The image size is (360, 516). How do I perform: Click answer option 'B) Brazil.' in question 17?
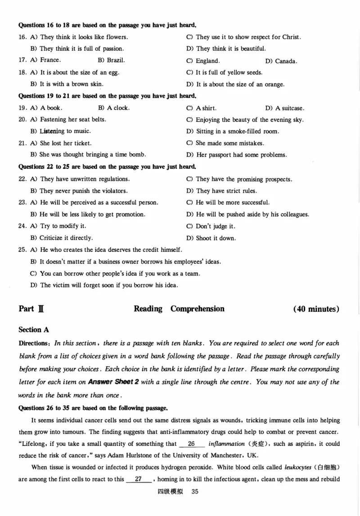[111, 60]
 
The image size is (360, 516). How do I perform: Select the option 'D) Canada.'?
[281, 61]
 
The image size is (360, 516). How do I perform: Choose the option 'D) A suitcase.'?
[284, 108]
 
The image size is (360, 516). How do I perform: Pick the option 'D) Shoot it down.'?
[211, 238]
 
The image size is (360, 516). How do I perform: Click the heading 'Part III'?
[31, 309]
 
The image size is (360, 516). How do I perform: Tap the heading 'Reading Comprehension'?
[179, 309]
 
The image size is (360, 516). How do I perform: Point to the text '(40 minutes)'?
[316, 309]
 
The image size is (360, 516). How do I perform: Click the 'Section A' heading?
[33, 330]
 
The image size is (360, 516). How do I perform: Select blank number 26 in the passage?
[191, 444]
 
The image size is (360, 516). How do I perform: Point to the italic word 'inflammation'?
[226, 444]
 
